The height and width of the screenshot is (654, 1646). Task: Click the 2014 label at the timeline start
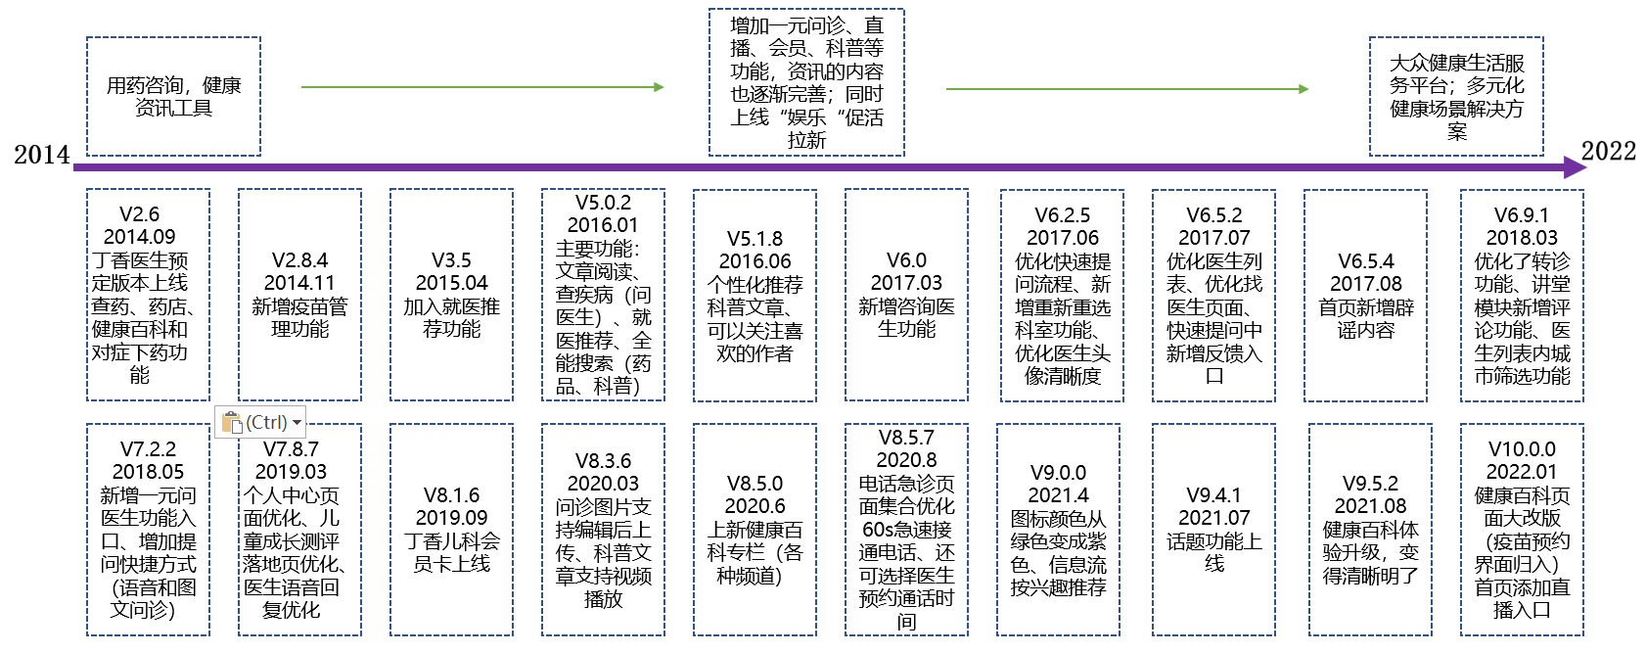click(x=42, y=155)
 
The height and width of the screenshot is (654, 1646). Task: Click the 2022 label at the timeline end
click(x=1608, y=151)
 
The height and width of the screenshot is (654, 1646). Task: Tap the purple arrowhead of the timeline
click(x=1575, y=167)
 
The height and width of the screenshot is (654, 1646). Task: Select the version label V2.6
click(x=139, y=214)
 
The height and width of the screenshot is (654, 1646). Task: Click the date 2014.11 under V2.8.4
click(x=299, y=283)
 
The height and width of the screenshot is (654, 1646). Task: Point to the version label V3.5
click(x=451, y=260)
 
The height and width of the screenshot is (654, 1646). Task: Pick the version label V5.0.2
click(x=603, y=203)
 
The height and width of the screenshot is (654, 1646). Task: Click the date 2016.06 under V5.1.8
click(x=754, y=261)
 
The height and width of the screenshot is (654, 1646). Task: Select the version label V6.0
click(x=906, y=260)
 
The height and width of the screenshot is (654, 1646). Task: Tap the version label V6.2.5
click(x=1062, y=215)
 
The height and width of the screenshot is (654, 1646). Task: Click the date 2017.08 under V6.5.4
click(x=1365, y=284)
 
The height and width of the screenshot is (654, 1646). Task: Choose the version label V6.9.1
click(x=1521, y=215)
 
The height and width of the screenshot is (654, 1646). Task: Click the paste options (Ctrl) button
click(x=260, y=422)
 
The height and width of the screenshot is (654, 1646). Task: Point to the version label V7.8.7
click(x=291, y=449)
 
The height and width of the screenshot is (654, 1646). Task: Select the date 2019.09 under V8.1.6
click(x=451, y=518)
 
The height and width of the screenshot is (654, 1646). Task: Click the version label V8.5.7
click(x=906, y=438)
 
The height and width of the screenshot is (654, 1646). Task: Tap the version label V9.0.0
click(x=1058, y=473)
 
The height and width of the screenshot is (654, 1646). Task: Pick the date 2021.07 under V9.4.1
click(x=1213, y=518)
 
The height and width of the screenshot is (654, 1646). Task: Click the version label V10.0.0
click(x=1521, y=449)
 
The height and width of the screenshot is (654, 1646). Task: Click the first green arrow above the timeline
click(x=481, y=87)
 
